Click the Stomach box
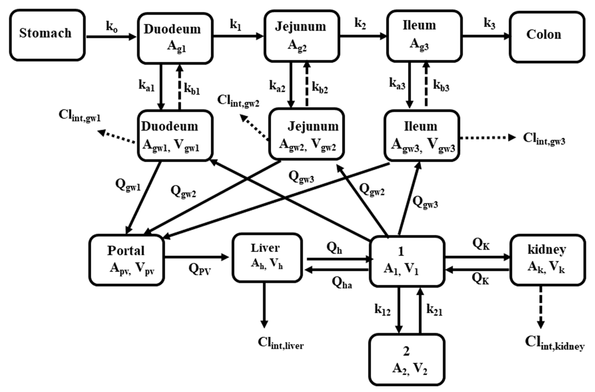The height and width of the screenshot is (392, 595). tap(47, 35)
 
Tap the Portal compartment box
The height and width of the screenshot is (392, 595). tap(126, 260)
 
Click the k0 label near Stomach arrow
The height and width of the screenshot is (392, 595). tap(112, 26)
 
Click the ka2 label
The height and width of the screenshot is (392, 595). tap(277, 86)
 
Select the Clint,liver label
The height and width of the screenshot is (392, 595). tap(280, 343)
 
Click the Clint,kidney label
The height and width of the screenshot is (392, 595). tap(554, 343)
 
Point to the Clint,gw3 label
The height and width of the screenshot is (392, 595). tap(544, 139)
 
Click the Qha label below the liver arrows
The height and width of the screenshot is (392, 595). tap(342, 283)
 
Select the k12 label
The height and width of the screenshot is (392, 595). tap(382, 310)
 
